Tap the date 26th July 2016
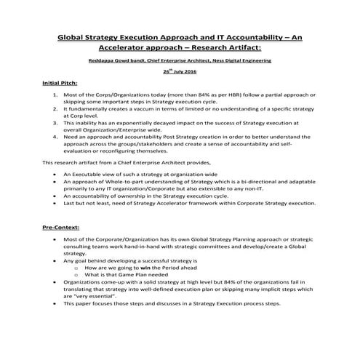(180, 73)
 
